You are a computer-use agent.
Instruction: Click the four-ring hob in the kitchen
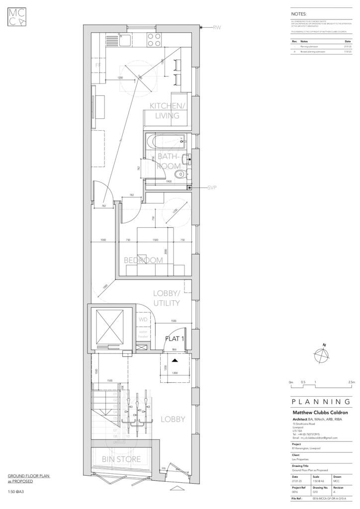click(x=154, y=39)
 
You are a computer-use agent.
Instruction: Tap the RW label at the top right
click(x=216, y=28)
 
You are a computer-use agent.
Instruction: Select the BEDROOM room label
click(x=143, y=260)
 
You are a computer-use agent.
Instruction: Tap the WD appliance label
click(x=143, y=320)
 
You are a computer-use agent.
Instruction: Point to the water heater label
click(x=143, y=334)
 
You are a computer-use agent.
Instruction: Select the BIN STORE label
click(x=121, y=459)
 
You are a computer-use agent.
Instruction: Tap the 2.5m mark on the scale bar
click(x=351, y=382)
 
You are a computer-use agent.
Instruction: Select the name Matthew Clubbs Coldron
click(x=319, y=413)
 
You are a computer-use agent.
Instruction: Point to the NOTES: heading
click(x=299, y=14)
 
